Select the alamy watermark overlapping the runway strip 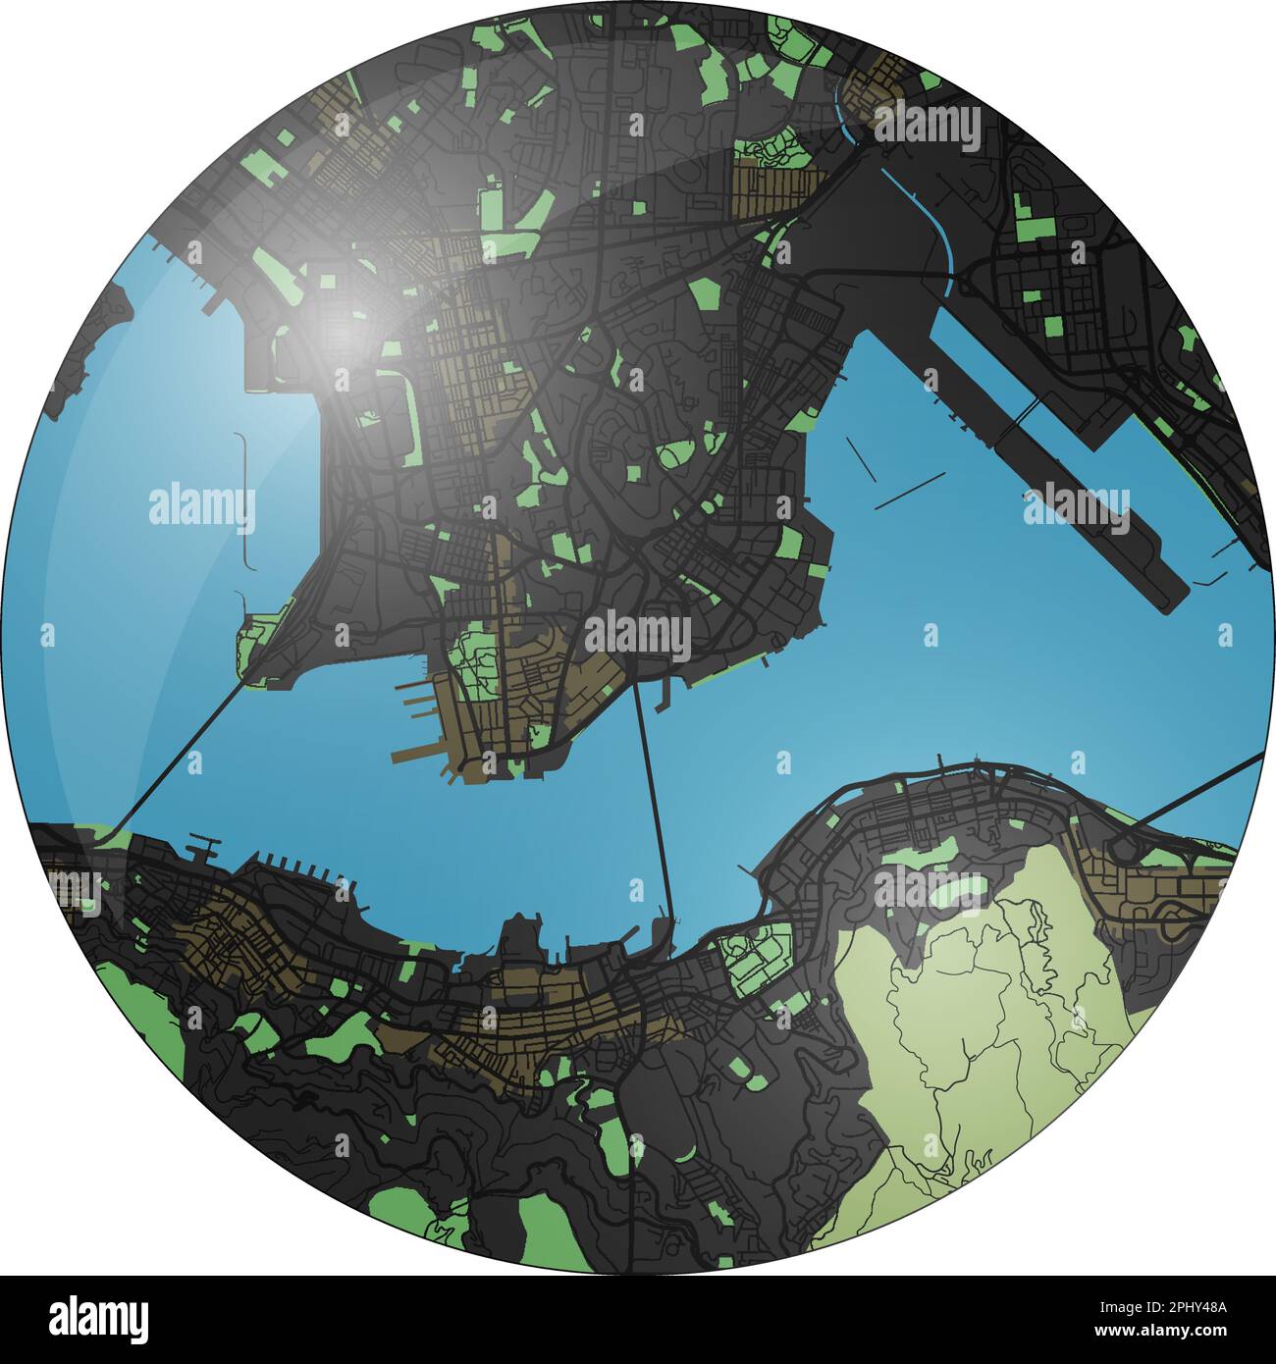(x=1077, y=509)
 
